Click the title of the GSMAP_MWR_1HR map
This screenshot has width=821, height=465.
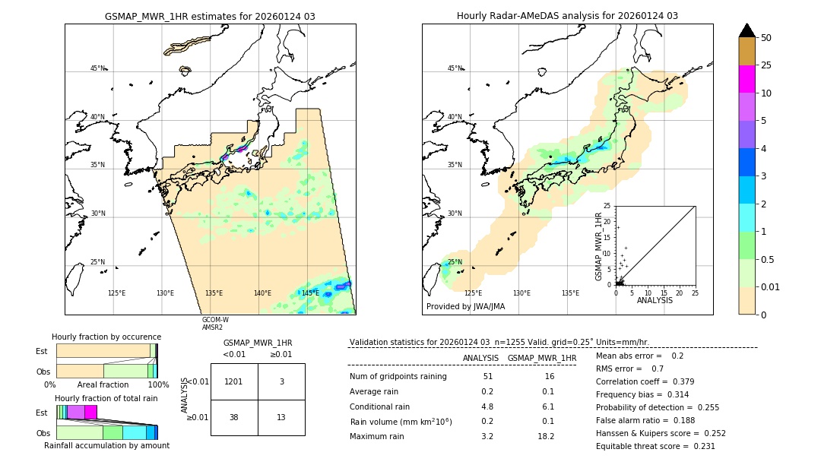click(210, 16)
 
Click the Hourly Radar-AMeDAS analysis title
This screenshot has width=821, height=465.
click(567, 16)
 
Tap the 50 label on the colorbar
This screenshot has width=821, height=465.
click(766, 38)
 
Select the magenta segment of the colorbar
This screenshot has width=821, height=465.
click(747, 79)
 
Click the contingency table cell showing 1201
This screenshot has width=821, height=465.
click(234, 381)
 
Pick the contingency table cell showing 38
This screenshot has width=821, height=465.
click(234, 417)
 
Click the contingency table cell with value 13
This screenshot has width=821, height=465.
click(281, 417)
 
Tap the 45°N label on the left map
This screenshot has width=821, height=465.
click(97, 68)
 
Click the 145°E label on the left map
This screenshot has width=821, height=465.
click(310, 293)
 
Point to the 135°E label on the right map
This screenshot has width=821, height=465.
click(570, 293)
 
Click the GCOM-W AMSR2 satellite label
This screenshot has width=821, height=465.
click(215, 324)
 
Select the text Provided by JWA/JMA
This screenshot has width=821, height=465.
click(465, 307)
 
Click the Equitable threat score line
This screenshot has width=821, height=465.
click(655, 446)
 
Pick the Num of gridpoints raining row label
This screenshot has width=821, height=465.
click(398, 377)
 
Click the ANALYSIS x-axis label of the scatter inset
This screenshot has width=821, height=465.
click(655, 301)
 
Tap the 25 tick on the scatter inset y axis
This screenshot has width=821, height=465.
click(608, 206)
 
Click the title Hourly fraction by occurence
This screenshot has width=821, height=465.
click(106, 337)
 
